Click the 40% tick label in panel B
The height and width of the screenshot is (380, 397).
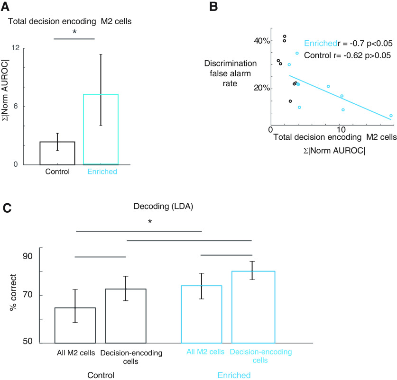tap(261, 41)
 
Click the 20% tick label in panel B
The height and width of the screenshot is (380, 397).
tap(261, 88)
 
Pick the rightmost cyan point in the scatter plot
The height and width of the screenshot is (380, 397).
tap(391, 116)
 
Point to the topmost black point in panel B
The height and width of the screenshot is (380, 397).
tap(285, 36)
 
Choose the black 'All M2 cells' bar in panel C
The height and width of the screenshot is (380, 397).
tap(75, 325)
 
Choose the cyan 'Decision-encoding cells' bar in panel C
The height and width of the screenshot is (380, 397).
tap(253, 307)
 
